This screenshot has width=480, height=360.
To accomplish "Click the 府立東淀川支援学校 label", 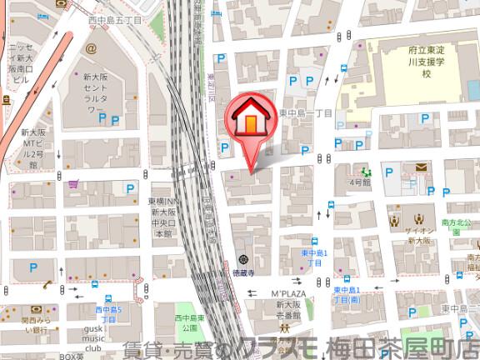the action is pos(426,62).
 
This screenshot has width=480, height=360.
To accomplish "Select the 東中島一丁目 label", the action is pos(306,113).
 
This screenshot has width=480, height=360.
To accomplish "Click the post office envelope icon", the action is pos(420,169).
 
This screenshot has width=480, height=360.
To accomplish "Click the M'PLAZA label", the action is pos(288,294).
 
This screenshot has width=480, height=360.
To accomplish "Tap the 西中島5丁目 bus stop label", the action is pos(107,315).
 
